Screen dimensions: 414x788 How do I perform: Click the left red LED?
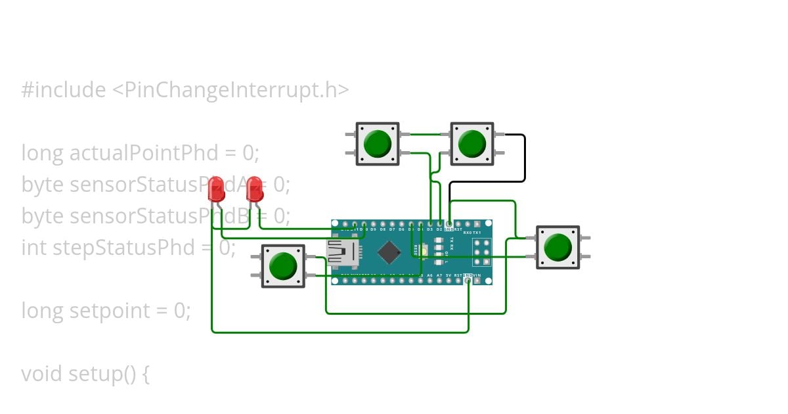[216, 190]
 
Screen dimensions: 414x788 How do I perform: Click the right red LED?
[255, 190]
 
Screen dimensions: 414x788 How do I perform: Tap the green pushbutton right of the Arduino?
[558, 247]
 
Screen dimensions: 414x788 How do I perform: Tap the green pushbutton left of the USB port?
[283, 265]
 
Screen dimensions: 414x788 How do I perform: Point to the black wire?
[524, 158]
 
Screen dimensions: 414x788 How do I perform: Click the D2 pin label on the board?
[439, 229]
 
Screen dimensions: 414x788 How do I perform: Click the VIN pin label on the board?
[487, 275]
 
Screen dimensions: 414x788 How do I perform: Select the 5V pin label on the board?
[449, 275]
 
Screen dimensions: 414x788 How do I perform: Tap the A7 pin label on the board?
[439, 275]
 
